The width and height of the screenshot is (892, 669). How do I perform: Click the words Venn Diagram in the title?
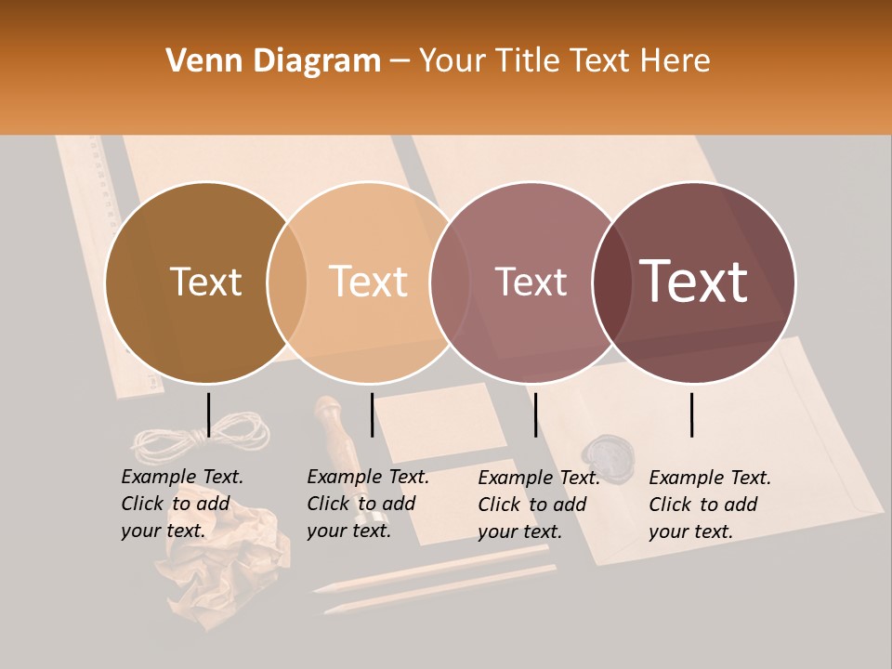(x=273, y=61)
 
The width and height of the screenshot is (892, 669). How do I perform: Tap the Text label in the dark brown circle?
(x=205, y=282)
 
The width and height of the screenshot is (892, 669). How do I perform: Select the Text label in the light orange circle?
(x=369, y=282)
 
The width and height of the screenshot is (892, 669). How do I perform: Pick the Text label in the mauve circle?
(x=531, y=282)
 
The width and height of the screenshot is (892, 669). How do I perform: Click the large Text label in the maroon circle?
(x=694, y=281)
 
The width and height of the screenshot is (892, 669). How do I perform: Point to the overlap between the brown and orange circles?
(x=287, y=282)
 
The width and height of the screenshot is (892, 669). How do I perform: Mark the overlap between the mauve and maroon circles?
(x=612, y=282)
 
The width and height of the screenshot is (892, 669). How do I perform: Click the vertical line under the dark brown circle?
(x=208, y=414)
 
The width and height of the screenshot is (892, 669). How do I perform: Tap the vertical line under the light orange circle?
(x=372, y=414)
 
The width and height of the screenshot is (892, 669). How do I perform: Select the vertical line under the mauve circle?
(x=535, y=414)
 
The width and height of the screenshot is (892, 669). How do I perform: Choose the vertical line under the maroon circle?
(x=691, y=414)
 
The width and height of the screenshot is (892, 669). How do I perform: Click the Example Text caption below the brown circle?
(x=182, y=504)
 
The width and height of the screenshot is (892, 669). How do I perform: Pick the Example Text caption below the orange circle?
(x=368, y=504)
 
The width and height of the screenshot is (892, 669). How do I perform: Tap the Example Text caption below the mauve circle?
(x=539, y=505)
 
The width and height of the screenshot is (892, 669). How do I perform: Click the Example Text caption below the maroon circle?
(x=710, y=505)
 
